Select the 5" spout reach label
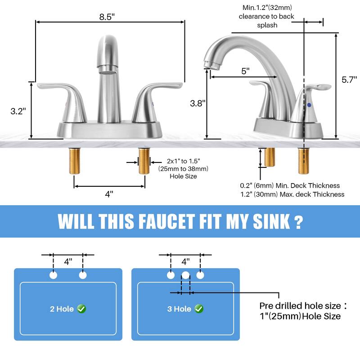click(245, 71)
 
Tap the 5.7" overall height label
click(349, 80)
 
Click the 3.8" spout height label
click(197, 103)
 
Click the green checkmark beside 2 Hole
click(81, 309)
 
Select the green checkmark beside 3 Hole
click(199, 309)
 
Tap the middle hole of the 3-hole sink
click(185, 275)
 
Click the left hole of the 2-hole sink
click(54, 275)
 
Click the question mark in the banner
click(297, 221)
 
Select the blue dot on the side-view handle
click(309, 104)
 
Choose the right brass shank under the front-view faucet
click(144, 164)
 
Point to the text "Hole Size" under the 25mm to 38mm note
click(183, 176)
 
